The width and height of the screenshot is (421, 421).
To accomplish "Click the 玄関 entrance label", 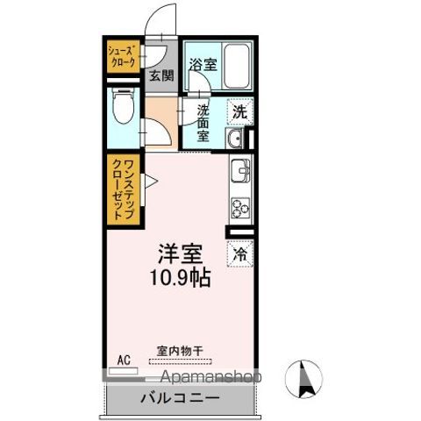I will point(161,75).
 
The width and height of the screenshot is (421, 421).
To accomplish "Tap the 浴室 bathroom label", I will point(202,64).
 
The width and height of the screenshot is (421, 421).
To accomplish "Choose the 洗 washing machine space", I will point(239,111).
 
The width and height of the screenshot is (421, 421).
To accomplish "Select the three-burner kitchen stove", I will point(239,207).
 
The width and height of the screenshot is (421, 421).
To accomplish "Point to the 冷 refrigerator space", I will point(239,254).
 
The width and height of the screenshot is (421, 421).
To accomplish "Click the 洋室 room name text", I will point(181,255).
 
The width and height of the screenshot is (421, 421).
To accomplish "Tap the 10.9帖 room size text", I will point(182,280).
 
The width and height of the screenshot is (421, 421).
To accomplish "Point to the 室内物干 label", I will point(181,351).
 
